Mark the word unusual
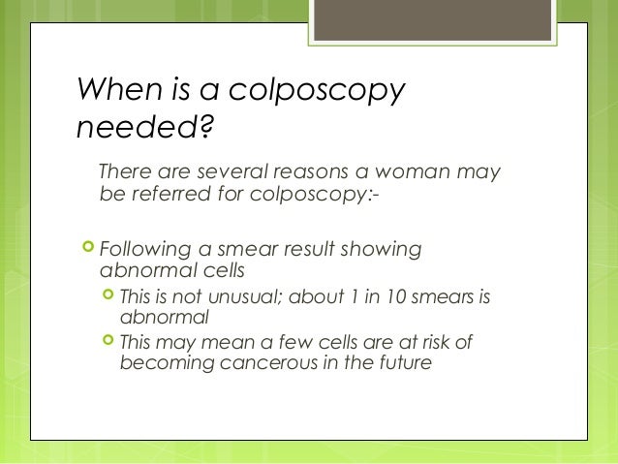tap(246, 295)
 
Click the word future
tap(398, 364)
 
